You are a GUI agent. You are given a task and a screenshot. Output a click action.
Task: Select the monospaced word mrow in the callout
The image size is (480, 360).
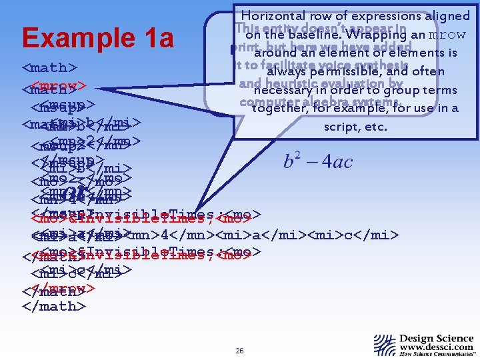click(x=452, y=35)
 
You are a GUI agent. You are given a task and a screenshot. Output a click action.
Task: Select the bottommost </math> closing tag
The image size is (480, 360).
click(x=54, y=306)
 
